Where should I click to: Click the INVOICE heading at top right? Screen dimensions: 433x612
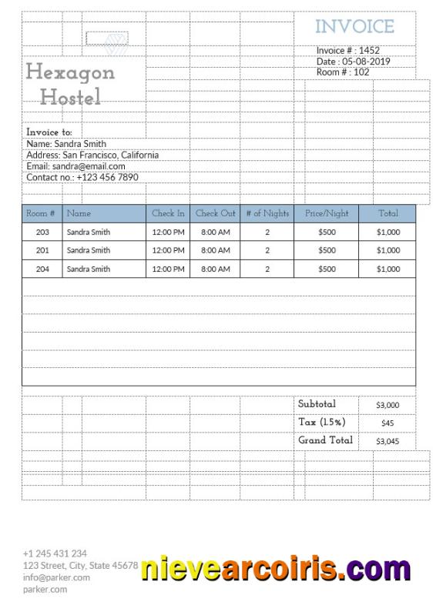(x=354, y=27)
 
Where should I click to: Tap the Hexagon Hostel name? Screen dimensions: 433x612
(x=70, y=84)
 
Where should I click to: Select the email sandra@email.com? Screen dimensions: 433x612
(x=89, y=166)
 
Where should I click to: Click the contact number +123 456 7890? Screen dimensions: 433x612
(x=107, y=177)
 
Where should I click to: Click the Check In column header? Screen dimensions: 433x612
(x=168, y=213)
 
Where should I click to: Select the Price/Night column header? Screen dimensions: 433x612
(x=327, y=213)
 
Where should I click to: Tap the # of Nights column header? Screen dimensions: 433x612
(x=267, y=213)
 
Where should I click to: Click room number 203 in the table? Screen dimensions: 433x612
(x=42, y=232)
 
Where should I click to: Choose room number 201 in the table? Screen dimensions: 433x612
(x=42, y=250)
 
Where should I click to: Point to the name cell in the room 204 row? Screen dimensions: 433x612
(x=88, y=269)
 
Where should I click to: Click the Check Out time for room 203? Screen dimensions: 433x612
(x=215, y=232)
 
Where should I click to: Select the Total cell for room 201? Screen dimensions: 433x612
(x=388, y=250)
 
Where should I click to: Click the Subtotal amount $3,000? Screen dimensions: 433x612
(x=388, y=404)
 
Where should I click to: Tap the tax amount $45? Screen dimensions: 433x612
(x=388, y=423)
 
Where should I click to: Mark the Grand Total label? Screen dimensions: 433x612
(x=325, y=440)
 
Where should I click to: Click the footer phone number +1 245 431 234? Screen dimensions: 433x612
(x=55, y=553)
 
